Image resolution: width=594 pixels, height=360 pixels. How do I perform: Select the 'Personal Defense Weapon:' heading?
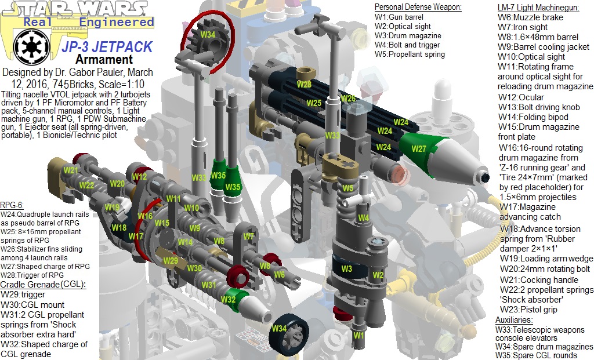(418, 7)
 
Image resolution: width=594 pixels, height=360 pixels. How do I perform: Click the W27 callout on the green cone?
(419, 148)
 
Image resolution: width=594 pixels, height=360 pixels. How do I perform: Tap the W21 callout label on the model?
(71, 170)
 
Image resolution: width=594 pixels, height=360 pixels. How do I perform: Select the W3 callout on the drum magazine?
(346, 269)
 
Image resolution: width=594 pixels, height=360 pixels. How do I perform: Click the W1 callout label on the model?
(358, 334)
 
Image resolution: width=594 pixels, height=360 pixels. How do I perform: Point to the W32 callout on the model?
(229, 299)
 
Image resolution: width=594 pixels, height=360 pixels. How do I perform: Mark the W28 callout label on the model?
(304, 85)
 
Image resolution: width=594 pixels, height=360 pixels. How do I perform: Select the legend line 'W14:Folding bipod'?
(533, 117)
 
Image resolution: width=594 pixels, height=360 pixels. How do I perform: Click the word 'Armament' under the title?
(104, 59)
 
